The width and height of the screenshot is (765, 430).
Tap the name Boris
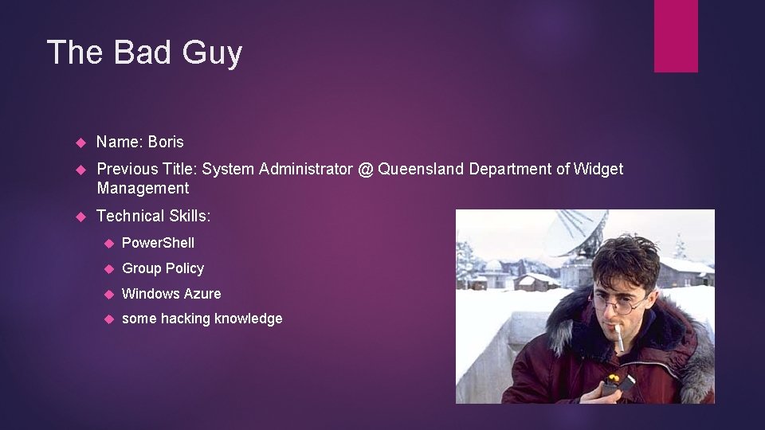pyautogui.click(x=166, y=142)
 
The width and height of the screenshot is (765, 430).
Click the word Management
pyautogui.click(x=143, y=188)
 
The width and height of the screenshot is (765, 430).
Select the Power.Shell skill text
pyautogui.click(x=158, y=243)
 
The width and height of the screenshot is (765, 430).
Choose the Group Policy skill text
pyautogui.click(x=163, y=268)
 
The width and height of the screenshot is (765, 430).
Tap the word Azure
pyautogui.click(x=201, y=294)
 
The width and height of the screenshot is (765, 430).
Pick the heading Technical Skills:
pyautogui.click(x=154, y=216)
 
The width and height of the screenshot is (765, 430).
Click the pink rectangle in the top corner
pyautogui.click(x=676, y=35)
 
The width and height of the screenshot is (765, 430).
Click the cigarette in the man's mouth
pyautogui.click(x=618, y=336)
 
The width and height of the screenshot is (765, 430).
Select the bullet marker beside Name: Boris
pyautogui.click(x=80, y=143)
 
